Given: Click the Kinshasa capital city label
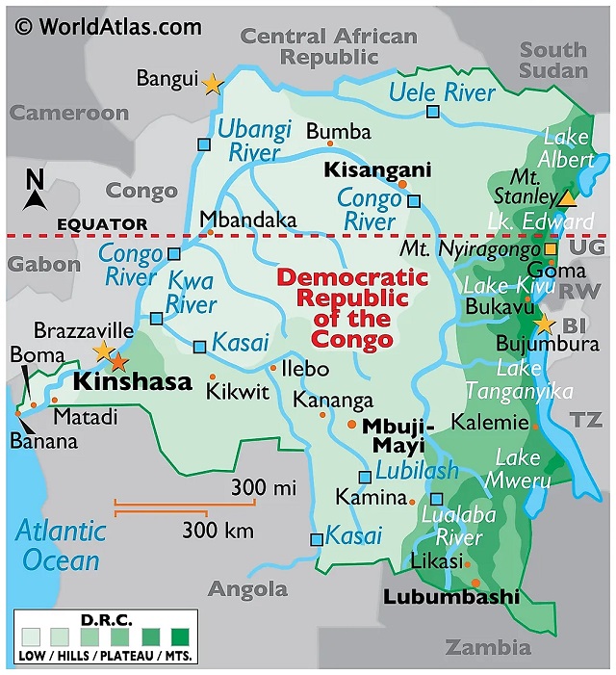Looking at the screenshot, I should pos(133,382).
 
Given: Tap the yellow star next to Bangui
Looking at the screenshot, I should pos(212,84).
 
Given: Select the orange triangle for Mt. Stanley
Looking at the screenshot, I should pos(568,198).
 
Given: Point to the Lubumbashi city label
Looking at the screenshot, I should pos(450,597).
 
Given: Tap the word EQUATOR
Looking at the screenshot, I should pos(102,224).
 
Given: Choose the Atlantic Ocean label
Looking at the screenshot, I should pos(60,545).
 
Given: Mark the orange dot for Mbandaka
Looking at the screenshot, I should pos(210,231).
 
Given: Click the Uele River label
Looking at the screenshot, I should pos(442,92).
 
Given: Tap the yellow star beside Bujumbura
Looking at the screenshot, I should pos(545,325).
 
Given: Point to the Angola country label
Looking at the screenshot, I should pos(247,588).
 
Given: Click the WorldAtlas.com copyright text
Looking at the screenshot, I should pos(107,25).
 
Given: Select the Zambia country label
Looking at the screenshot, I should pos(487,647).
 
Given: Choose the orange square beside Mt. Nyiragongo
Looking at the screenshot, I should pos(551,249).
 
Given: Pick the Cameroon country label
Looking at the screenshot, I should pos(69,113).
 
